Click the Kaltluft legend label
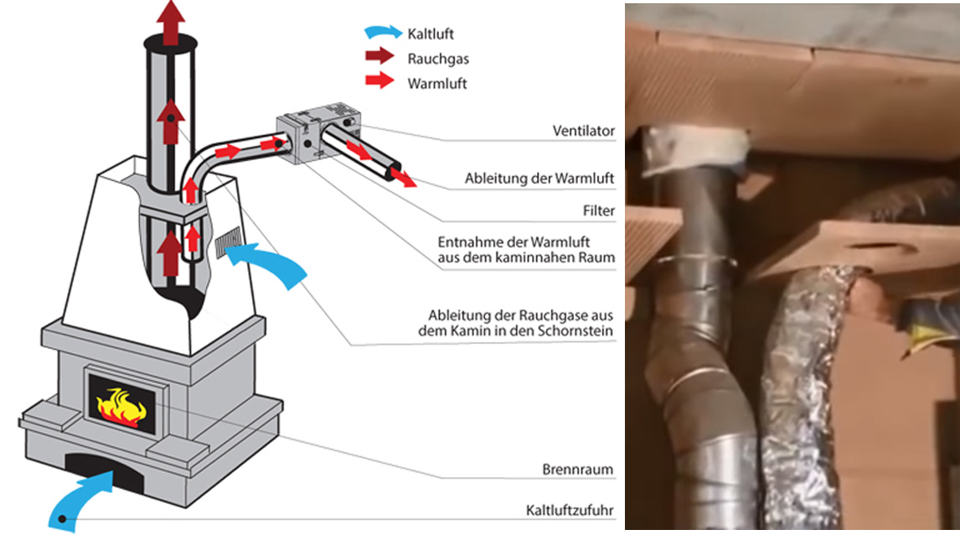[x=431, y=34]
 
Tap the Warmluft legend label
[x=436, y=83]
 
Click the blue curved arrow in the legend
[x=383, y=34]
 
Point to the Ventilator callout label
[x=583, y=131]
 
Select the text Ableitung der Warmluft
[x=539, y=179]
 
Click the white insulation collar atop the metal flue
[x=694, y=148]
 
